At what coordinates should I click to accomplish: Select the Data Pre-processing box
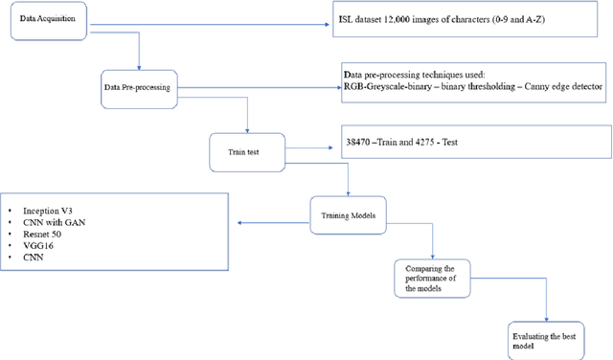tap(136, 87)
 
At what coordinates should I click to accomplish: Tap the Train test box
tap(247, 148)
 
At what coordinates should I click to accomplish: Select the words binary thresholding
tap(470, 87)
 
